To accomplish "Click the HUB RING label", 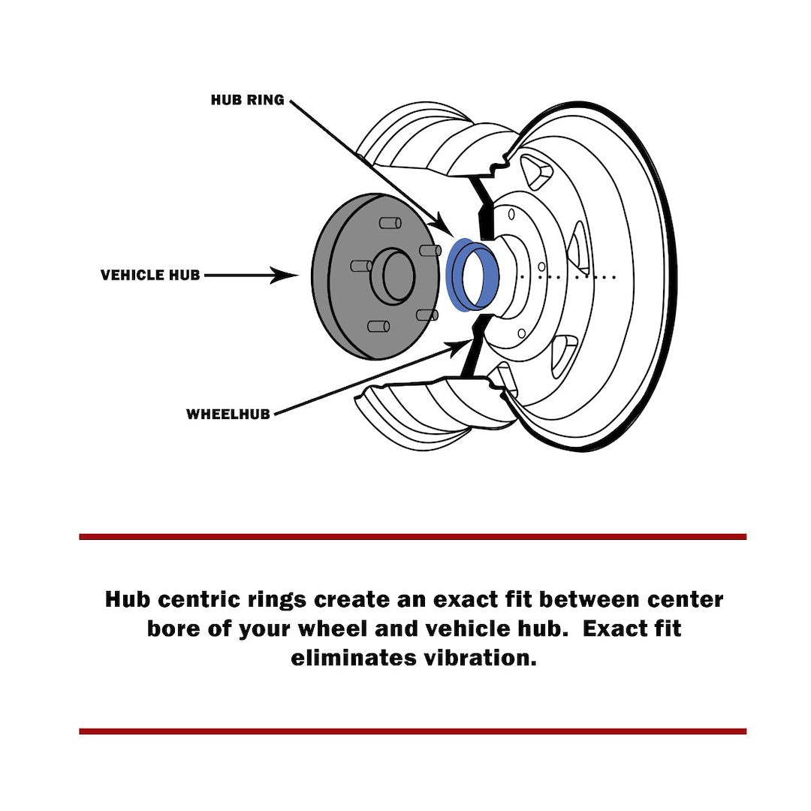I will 247,100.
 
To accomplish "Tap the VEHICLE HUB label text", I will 150,276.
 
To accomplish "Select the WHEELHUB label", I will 228,414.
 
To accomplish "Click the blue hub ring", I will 457,275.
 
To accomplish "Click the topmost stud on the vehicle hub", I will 388,223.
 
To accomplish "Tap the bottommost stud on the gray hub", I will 377,326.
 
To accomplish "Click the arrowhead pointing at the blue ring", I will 442,225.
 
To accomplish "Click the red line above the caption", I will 412,537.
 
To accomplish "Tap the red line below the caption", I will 412,731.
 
